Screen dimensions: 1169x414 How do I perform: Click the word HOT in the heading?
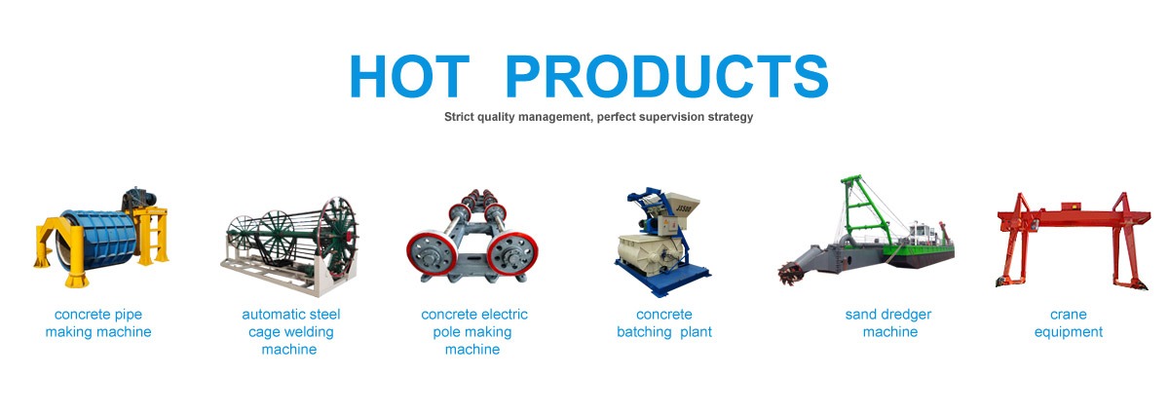(x=410, y=76)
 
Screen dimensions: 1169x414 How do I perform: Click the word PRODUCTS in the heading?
(x=667, y=76)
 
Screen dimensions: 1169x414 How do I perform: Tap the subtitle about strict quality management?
(x=598, y=117)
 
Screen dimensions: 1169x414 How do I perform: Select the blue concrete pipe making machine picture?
(x=101, y=238)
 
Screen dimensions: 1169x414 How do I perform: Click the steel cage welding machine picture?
(x=289, y=245)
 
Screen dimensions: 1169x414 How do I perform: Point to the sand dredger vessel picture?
(x=866, y=231)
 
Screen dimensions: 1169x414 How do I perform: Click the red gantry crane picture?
(x=1073, y=241)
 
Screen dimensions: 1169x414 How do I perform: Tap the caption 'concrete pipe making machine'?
(x=98, y=323)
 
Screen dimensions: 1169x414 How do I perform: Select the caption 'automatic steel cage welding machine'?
(x=290, y=331)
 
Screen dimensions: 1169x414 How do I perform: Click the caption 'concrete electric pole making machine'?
(x=473, y=331)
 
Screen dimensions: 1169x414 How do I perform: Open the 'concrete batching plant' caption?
(x=664, y=323)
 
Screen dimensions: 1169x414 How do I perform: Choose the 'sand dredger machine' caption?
(x=888, y=323)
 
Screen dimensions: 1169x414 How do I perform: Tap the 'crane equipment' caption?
(x=1069, y=323)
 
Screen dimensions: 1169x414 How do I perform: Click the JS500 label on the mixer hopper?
(x=683, y=208)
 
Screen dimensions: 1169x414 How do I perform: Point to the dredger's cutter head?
(x=789, y=274)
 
